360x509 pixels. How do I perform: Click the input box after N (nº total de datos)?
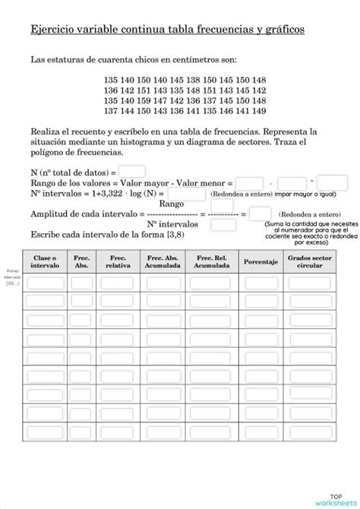coord(132,172)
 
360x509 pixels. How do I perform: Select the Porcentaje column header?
coord(261,262)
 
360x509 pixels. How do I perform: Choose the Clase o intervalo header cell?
coord(45,262)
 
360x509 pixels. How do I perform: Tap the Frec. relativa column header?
coord(118,262)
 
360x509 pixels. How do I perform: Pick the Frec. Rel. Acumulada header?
coord(212,262)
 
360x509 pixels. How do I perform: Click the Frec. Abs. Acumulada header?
coord(163,262)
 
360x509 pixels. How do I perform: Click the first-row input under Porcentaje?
coord(261,283)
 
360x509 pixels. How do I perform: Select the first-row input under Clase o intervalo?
coord(45,283)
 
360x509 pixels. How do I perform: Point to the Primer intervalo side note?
coord(12,277)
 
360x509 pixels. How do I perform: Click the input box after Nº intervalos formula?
coord(186,194)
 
